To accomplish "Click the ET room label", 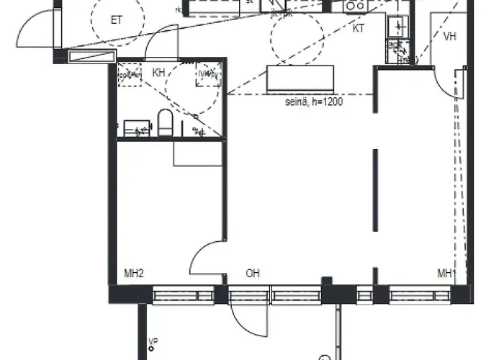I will tap(116, 20).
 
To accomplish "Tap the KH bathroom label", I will tap(159, 73).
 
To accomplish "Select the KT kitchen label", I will tap(358, 29).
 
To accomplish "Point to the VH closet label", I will tap(450, 36).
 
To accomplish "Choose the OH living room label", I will tap(252, 274).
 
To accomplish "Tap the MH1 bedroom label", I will tap(447, 274).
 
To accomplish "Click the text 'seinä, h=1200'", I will tap(313, 103).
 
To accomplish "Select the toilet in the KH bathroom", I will tap(165, 124).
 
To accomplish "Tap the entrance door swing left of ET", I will tap(36, 29).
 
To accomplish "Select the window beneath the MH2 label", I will tap(183, 294).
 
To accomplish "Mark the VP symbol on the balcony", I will tap(153, 343).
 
